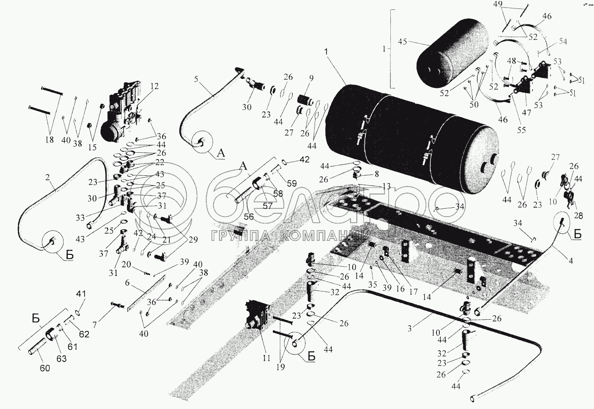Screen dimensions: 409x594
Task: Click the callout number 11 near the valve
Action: coord(267,358)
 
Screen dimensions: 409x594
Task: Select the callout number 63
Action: coord(62,359)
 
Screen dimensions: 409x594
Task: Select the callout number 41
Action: coord(78,294)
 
